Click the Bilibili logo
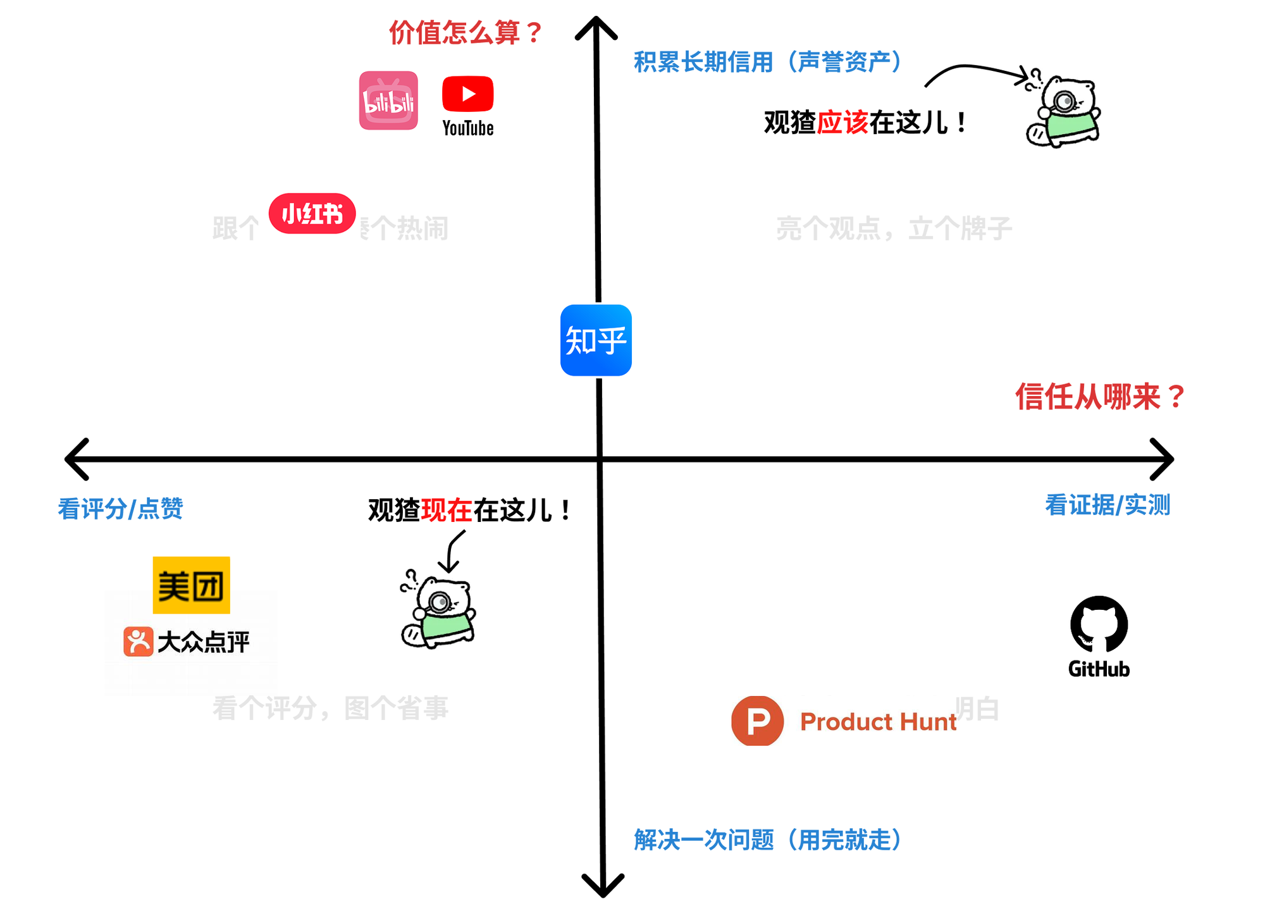point(388,101)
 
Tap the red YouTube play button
point(467,94)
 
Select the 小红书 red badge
point(312,214)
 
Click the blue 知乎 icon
point(596,340)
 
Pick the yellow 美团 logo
point(191,585)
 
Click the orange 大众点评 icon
point(138,642)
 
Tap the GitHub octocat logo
point(1099,624)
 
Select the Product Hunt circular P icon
point(757,721)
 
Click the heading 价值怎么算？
point(466,33)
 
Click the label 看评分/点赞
point(120,509)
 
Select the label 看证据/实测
point(1108,506)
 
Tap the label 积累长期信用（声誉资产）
point(767,62)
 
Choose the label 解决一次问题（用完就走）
point(767,840)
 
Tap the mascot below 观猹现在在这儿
point(438,611)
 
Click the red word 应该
point(842,123)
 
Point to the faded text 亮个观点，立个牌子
point(893,228)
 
